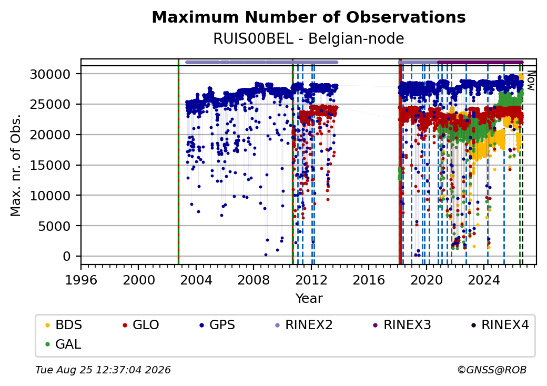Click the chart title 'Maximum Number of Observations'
click(x=308, y=17)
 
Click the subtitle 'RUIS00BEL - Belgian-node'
click(x=308, y=38)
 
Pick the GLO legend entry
click(x=141, y=325)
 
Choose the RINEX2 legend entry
click(x=304, y=325)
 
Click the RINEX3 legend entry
click(x=402, y=325)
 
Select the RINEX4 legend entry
click(x=500, y=325)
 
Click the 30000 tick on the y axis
click(x=50, y=74)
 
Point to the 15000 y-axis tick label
click(x=50, y=165)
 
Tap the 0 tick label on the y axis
click(x=67, y=257)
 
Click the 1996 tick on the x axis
click(x=81, y=280)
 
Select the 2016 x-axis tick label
click(x=368, y=280)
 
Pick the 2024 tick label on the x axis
click(x=483, y=280)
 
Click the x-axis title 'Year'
click(x=309, y=299)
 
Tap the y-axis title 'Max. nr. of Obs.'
click(x=16, y=165)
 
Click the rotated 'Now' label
click(x=531, y=80)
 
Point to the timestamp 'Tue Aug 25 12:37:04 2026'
click(x=103, y=370)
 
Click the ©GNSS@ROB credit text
click(x=492, y=370)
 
